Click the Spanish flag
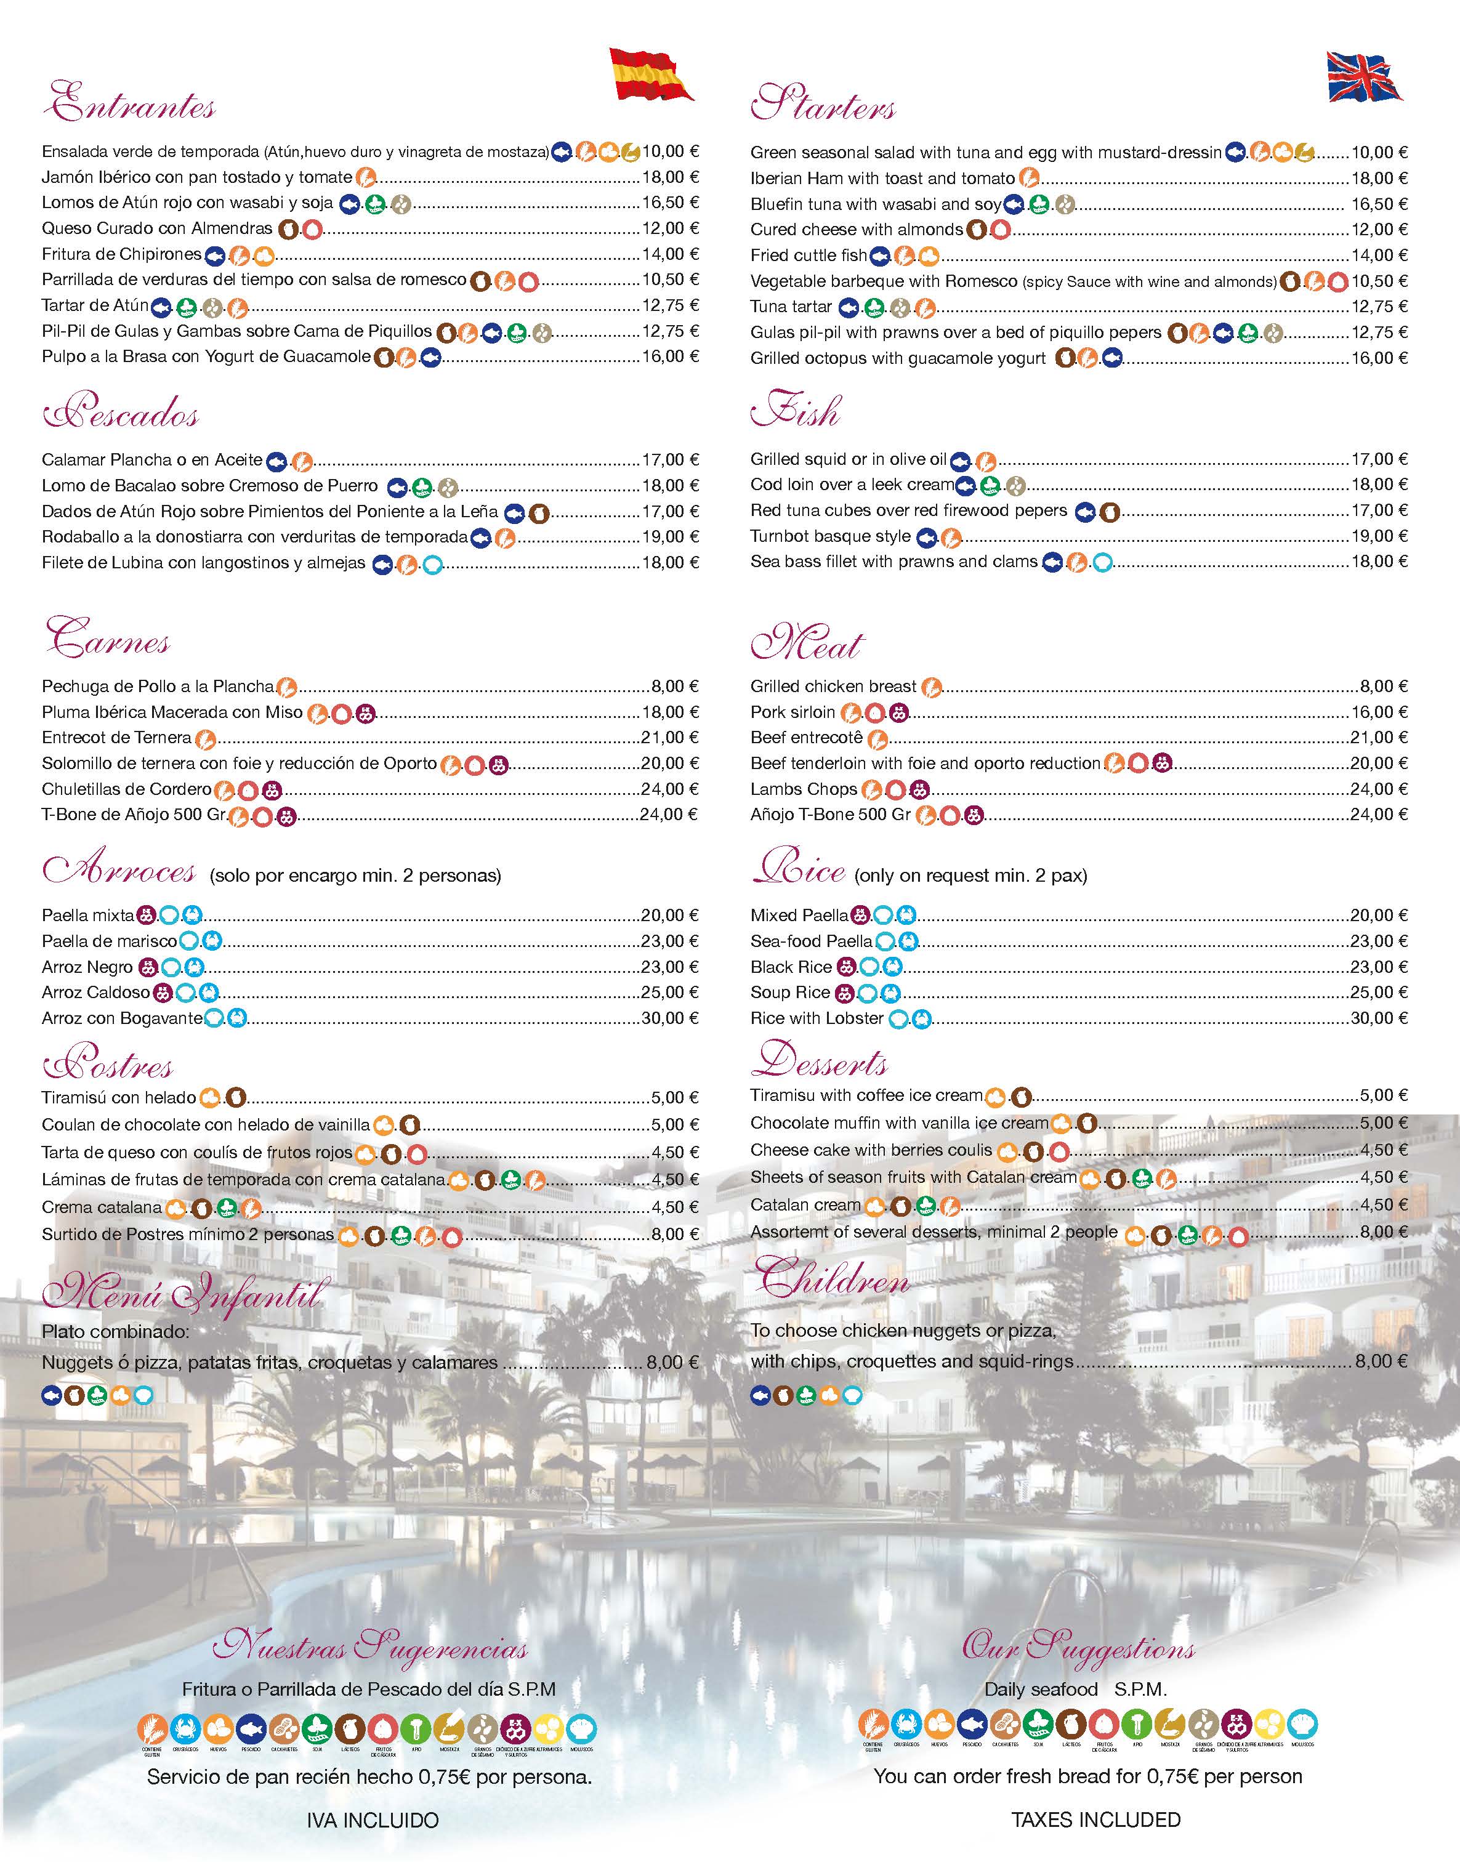pyautogui.click(x=650, y=75)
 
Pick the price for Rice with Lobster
pyautogui.click(x=1379, y=1018)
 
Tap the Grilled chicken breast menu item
pyautogui.click(x=833, y=686)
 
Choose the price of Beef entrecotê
pyautogui.click(x=1379, y=738)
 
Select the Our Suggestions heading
pyautogui.click(x=1078, y=1648)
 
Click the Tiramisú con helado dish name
pyautogui.click(x=119, y=1098)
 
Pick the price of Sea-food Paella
pyautogui.click(x=1379, y=941)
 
